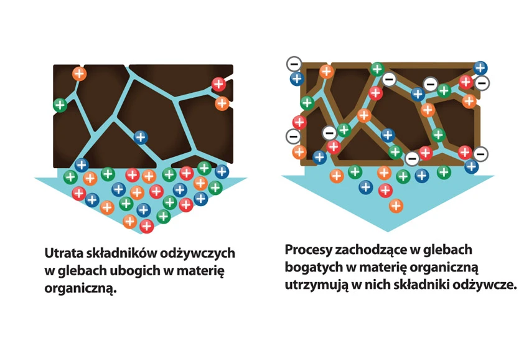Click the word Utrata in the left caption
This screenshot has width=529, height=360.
click(63, 253)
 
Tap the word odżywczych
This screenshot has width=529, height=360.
click(197, 254)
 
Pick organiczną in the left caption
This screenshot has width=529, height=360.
click(80, 289)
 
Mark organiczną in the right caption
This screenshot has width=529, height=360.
click(443, 268)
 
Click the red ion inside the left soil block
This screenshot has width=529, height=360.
click(218, 84)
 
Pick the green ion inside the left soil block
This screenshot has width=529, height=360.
click(60, 105)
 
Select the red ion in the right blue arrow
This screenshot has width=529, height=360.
click(385, 191)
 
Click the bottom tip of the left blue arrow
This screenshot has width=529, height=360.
click(141, 234)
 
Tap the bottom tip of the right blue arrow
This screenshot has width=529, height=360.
click(387, 231)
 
